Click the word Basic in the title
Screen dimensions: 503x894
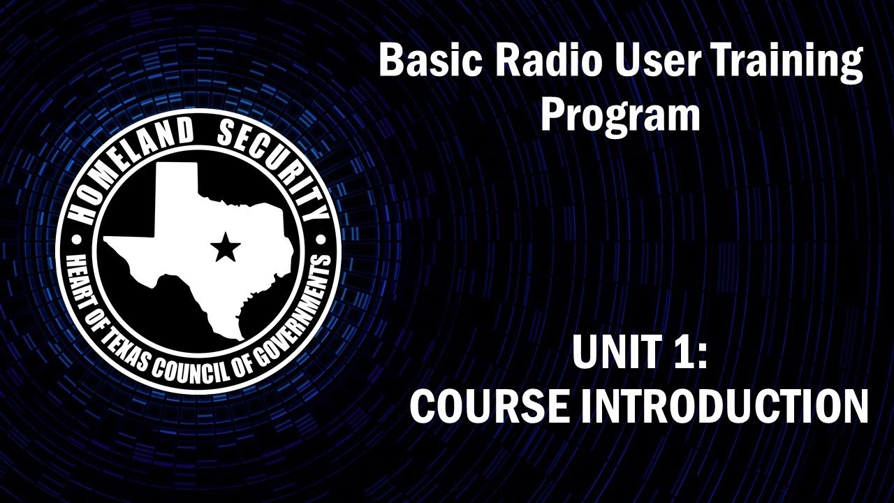427,61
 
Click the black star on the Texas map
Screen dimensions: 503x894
225,247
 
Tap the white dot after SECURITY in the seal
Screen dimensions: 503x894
321,239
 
